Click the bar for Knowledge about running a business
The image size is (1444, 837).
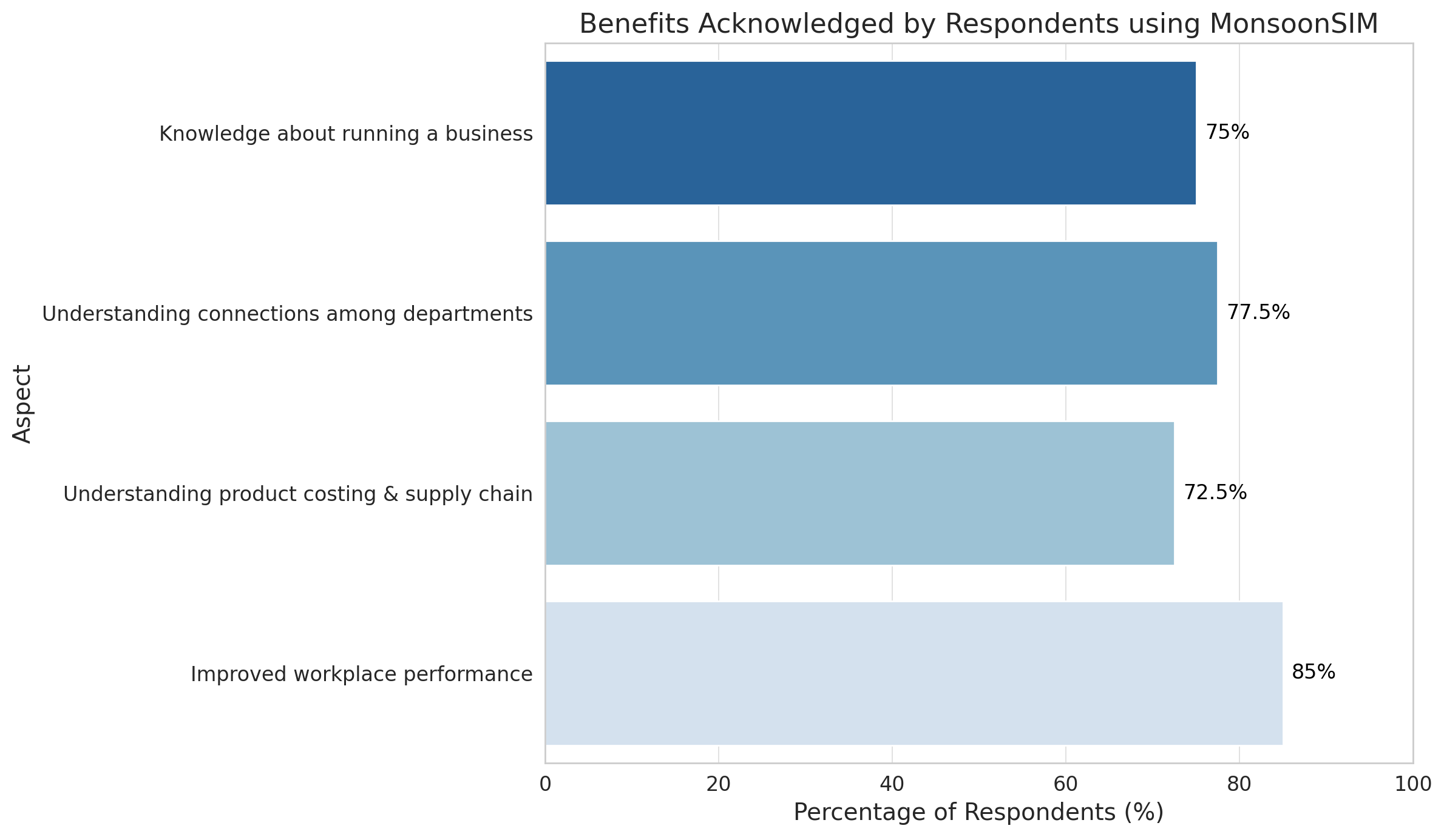click(870, 133)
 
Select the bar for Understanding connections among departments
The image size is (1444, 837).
click(881, 313)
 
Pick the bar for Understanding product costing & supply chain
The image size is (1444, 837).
click(859, 493)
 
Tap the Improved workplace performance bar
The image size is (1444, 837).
click(914, 673)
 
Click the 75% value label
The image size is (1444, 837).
click(1227, 132)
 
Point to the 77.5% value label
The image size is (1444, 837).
click(1258, 312)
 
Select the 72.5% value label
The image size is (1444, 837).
click(1215, 492)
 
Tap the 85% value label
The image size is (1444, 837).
click(1313, 672)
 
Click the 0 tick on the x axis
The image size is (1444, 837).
click(545, 784)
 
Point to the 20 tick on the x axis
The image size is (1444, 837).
click(719, 784)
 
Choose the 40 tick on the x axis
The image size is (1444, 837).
click(892, 784)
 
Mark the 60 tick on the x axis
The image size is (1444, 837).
click(1066, 784)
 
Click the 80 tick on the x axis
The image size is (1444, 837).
click(1239, 784)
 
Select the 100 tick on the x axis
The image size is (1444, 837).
click(1413, 784)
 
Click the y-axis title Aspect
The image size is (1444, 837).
click(22, 403)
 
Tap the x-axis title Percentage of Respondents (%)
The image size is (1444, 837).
click(978, 813)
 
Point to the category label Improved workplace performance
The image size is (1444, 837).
click(362, 674)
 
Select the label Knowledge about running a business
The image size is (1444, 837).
click(346, 133)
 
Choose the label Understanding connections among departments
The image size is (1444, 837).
click(287, 314)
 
